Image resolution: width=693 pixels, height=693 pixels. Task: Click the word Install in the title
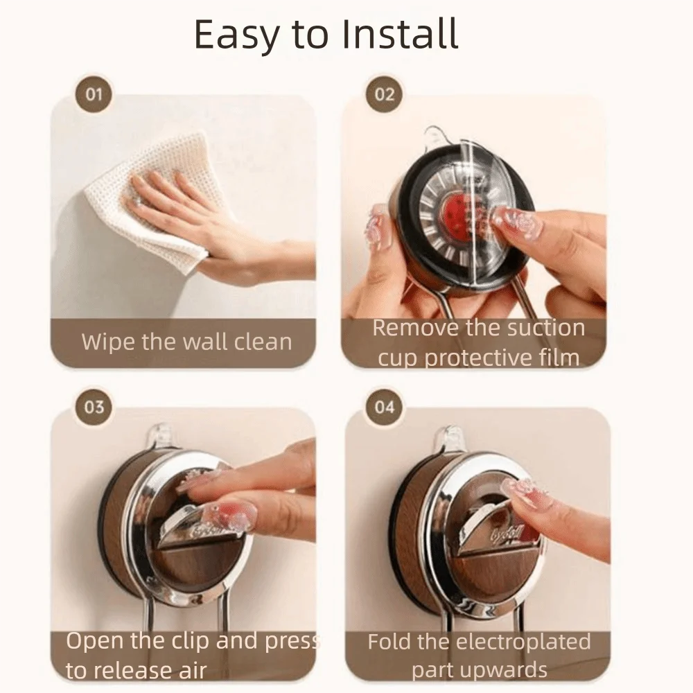pos(400,33)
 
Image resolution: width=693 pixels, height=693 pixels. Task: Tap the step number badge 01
pos(94,94)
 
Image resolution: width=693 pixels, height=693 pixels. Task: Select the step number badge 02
pos(384,94)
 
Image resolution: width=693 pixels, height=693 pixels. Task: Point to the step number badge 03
pos(94,407)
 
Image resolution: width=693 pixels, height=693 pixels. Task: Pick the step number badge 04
pos(384,407)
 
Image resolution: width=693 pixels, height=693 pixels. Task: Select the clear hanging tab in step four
pos(450,440)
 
